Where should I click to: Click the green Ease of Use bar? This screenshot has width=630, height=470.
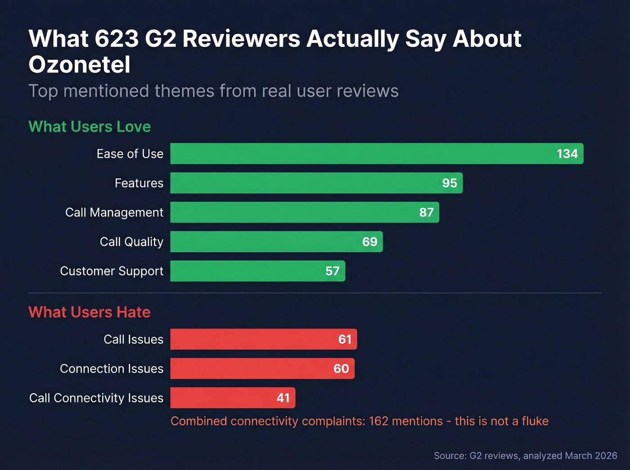tap(377, 154)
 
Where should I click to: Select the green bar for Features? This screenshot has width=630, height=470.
tap(316, 183)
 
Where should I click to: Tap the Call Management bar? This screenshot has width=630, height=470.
tap(305, 212)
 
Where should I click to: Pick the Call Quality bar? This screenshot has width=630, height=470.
tap(276, 242)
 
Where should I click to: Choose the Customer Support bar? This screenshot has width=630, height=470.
tap(257, 271)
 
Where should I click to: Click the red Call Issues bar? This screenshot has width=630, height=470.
tap(263, 339)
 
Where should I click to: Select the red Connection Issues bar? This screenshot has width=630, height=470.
tap(262, 368)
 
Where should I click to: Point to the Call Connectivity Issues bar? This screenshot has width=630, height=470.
tap(233, 398)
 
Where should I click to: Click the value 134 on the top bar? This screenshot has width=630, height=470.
tap(567, 154)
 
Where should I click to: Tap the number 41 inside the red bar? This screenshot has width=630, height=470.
tap(283, 398)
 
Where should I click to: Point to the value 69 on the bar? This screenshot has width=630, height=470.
tap(369, 242)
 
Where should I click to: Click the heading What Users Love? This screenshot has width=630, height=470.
tap(90, 127)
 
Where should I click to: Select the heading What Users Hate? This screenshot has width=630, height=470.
tap(89, 312)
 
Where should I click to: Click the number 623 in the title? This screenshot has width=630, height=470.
tap(117, 39)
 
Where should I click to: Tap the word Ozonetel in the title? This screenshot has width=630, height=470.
tap(79, 65)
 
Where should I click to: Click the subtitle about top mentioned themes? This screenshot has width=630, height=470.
tap(213, 91)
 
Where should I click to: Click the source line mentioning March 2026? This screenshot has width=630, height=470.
tap(525, 456)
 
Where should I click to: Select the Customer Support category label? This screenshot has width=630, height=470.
tap(112, 271)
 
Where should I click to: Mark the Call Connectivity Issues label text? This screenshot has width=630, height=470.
tap(96, 398)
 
